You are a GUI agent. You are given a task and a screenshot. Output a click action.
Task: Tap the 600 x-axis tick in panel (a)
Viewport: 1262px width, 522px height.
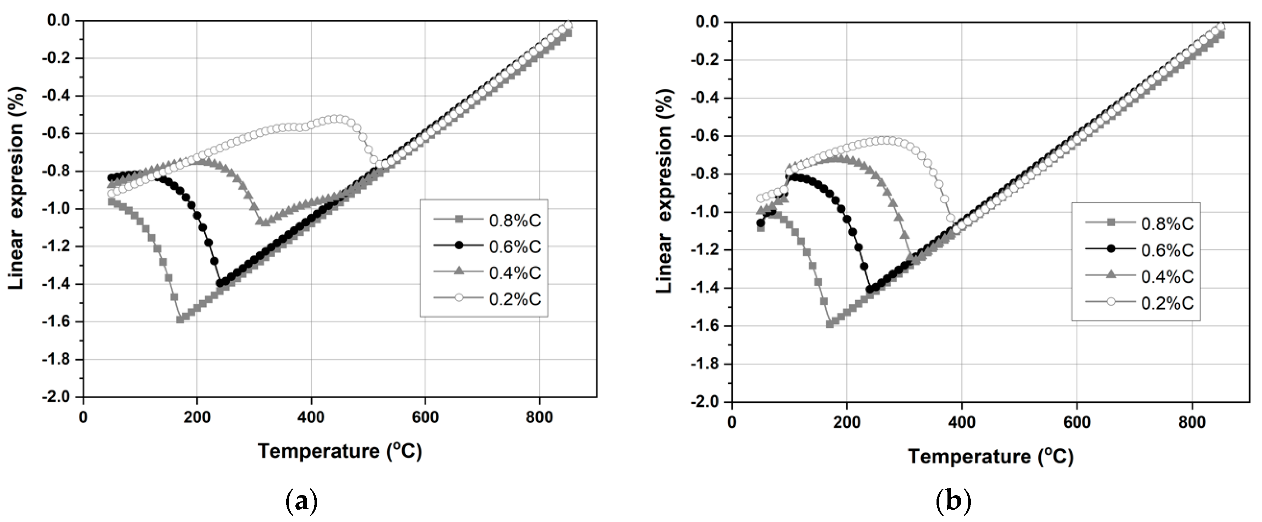(x=425, y=417)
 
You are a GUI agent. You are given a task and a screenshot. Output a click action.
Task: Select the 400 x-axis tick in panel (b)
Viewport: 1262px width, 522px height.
(x=961, y=422)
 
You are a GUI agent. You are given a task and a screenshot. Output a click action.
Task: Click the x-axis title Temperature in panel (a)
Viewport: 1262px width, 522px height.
(x=340, y=451)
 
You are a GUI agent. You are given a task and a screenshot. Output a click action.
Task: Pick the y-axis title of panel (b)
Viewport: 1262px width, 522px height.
(x=665, y=191)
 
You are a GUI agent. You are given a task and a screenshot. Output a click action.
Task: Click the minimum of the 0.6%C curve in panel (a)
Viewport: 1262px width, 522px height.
(x=220, y=283)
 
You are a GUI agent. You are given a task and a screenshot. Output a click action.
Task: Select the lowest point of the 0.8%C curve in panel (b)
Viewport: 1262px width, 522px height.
(x=829, y=324)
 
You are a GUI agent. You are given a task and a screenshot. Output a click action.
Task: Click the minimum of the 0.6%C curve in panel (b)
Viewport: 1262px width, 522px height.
(x=870, y=289)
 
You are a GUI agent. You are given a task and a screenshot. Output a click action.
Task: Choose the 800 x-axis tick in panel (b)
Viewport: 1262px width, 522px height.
(x=1192, y=422)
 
